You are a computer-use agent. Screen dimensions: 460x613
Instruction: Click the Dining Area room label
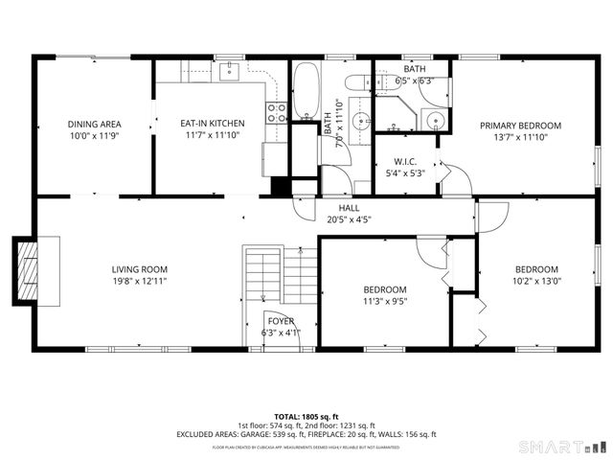coord(93,125)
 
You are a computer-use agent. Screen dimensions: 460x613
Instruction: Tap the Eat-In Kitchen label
coord(213,124)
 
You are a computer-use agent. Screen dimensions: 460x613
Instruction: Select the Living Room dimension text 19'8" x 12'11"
coord(140,282)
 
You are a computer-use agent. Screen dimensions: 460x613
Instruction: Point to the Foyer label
coord(281,322)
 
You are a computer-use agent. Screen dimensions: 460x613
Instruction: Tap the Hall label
coord(349,207)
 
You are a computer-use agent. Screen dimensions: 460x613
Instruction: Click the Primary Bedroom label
coord(520,126)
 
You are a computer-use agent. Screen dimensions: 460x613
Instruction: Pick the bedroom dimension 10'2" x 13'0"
coord(537,282)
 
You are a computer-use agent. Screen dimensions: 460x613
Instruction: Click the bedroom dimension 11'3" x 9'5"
coord(385,302)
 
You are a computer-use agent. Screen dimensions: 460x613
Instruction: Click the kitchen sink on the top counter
coord(230,71)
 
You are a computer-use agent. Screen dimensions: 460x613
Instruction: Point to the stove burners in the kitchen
coord(277,112)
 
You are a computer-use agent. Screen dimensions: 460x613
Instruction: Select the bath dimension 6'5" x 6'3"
coord(414,81)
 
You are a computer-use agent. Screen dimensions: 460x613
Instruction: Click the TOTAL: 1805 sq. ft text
coord(306,416)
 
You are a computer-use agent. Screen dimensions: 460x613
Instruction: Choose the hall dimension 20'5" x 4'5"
coord(349,218)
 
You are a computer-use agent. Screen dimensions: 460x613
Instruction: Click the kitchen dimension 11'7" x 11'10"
coord(213,136)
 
